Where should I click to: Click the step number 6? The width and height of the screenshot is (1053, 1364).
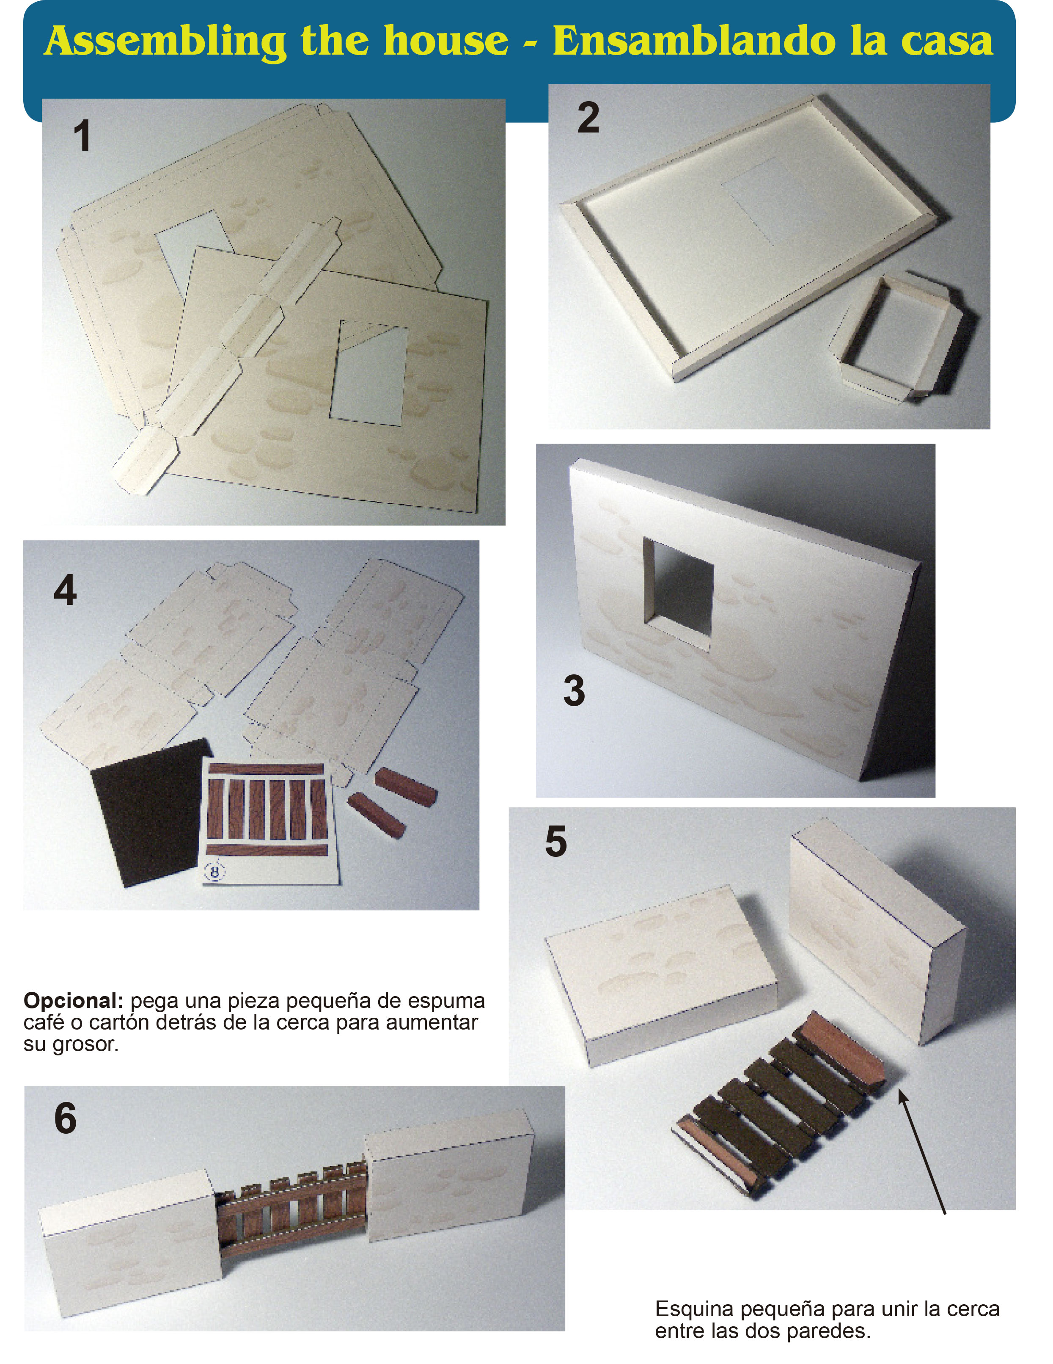click(x=65, y=1118)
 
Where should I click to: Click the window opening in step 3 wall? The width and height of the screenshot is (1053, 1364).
click(x=679, y=594)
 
